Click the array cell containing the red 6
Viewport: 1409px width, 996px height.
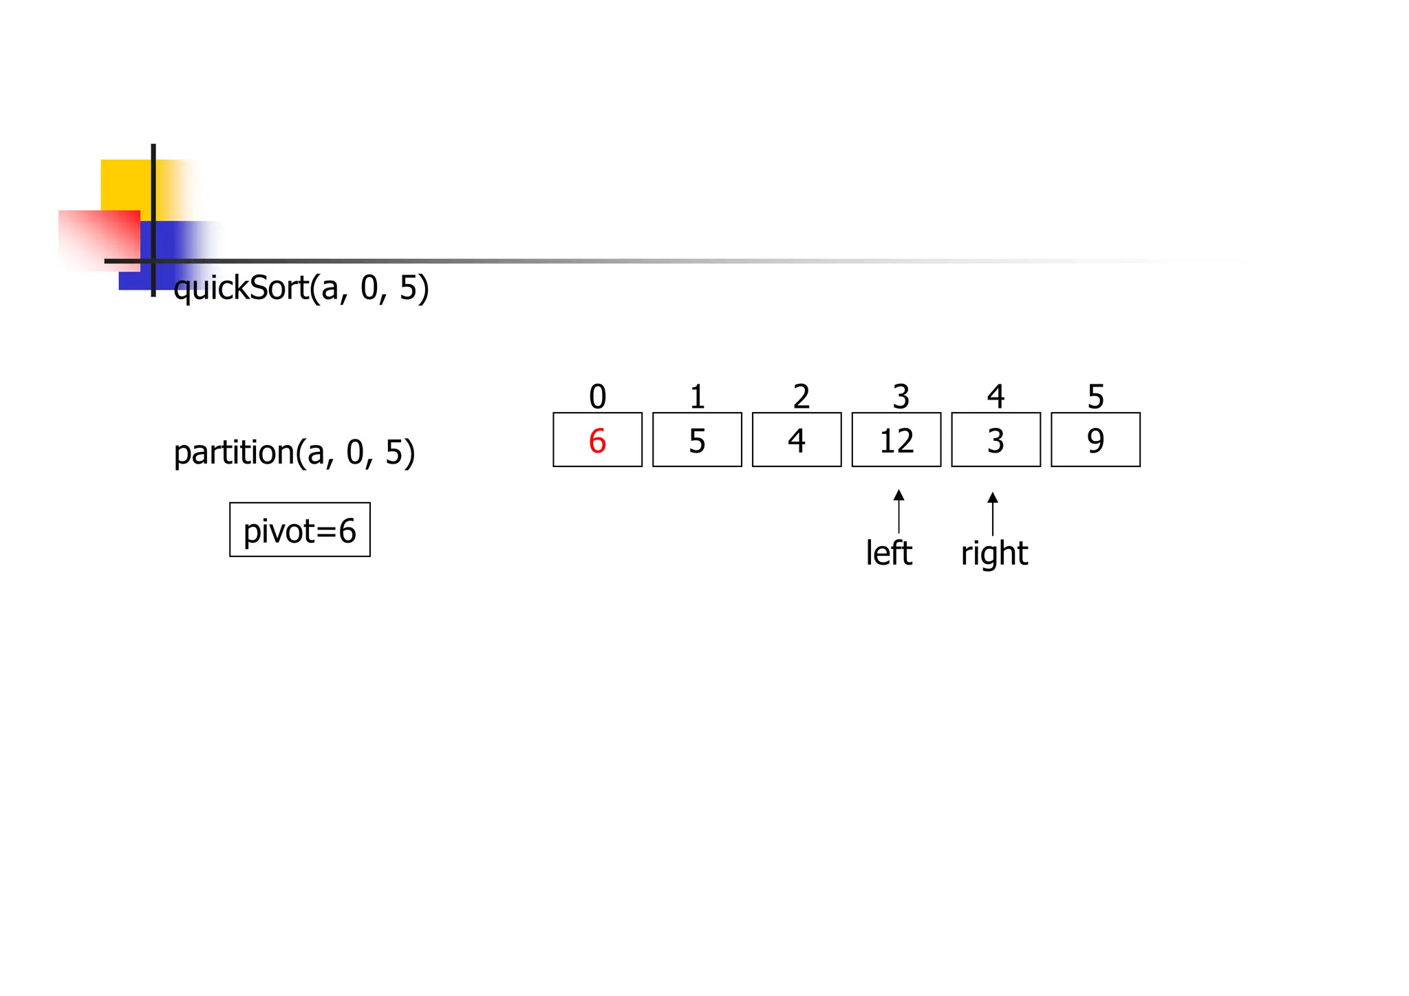(x=597, y=440)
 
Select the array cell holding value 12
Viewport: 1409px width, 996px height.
(x=896, y=440)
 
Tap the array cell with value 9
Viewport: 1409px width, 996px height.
(x=1095, y=440)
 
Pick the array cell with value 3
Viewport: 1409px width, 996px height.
(x=996, y=440)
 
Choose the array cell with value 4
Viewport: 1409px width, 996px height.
(x=796, y=440)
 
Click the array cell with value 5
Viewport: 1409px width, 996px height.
(x=697, y=440)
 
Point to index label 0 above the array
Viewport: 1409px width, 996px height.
(x=597, y=397)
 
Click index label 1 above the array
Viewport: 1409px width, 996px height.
(x=697, y=397)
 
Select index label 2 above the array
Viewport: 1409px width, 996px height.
(x=801, y=397)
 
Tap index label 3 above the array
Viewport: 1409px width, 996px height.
(x=901, y=397)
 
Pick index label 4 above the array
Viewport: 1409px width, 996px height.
(x=996, y=397)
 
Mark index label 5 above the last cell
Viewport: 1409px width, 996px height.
(x=1095, y=397)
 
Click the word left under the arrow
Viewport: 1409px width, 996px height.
(x=888, y=553)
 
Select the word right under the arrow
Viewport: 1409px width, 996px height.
(x=994, y=554)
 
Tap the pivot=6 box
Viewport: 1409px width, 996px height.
(x=300, y=530)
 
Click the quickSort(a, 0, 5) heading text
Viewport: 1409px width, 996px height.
(x=301, y=288)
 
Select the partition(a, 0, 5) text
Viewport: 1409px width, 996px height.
(x=294, y=453)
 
